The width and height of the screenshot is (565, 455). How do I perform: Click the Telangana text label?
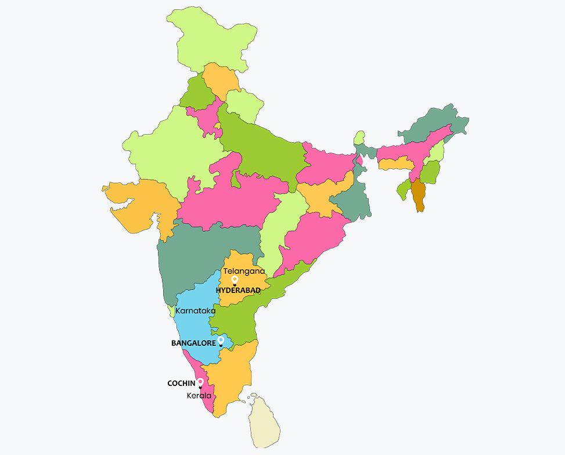(244, 271)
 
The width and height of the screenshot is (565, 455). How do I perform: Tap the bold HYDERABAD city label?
(238, 290)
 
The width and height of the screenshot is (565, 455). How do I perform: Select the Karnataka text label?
(195, 310)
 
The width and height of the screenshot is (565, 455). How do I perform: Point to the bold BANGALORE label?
(193, 344)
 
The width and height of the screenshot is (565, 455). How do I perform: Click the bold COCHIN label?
(181, 384)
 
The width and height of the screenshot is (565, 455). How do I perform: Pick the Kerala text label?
(199, 396)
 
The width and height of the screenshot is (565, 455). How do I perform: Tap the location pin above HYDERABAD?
(235, 280)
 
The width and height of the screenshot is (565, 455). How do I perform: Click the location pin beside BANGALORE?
(221, 341)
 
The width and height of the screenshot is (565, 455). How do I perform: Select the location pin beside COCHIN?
(200, 382)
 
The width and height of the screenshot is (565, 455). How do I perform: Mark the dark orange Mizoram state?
(418, 195)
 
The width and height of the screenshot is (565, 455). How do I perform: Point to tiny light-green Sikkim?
(360, 138)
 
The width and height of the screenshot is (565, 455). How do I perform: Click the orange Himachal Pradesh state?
(220, 81)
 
